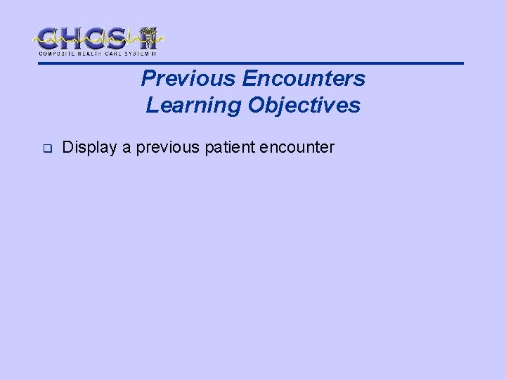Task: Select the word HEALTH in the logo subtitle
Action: (88, 53)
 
